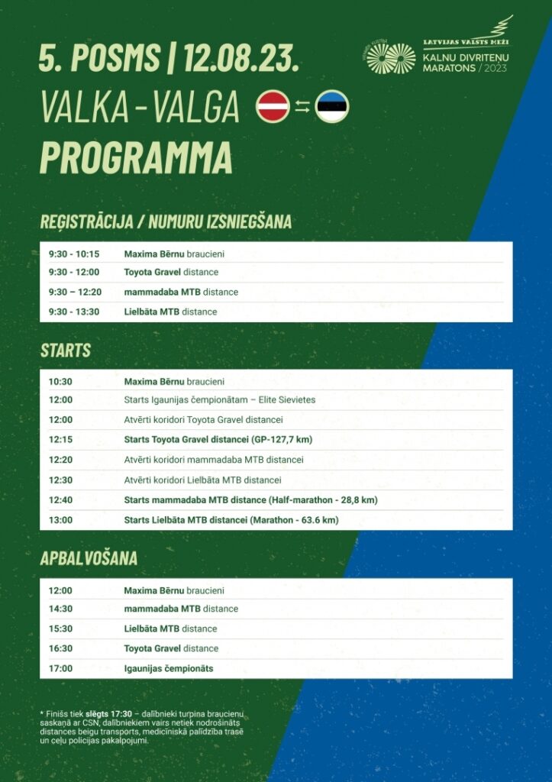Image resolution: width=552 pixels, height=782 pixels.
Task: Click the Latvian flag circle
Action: pos(273,105)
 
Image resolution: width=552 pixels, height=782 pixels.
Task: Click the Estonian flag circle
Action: pos(331,106)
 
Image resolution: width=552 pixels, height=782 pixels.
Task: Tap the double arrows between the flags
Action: pos(302,107)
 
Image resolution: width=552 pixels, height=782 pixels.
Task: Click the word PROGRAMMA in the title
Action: pos(136,157)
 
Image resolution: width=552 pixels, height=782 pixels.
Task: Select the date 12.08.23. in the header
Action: pos(240,58)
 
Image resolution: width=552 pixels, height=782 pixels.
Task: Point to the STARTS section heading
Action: pos(66,351)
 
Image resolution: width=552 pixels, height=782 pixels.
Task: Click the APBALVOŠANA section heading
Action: pos(89,558)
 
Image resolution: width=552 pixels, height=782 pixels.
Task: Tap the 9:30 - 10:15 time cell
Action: pos(74,254)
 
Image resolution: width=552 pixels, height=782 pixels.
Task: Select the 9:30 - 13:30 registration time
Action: pos(74,312)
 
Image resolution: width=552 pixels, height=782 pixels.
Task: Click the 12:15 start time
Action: pos(60,439)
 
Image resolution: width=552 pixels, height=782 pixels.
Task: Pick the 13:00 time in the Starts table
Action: pos(60,520)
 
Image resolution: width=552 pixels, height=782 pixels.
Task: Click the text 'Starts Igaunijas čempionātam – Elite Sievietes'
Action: pos(219,399)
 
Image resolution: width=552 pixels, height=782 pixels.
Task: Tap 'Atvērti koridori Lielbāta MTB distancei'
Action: pos(202,480)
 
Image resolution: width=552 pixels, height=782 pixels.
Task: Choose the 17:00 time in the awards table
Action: pos(60,668)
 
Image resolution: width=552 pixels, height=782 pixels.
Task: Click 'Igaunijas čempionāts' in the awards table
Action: pos(169,668)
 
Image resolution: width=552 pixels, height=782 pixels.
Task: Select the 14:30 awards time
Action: pos(60,609)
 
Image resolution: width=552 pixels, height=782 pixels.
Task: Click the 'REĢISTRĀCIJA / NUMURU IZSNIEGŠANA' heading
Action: pos(166,222)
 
